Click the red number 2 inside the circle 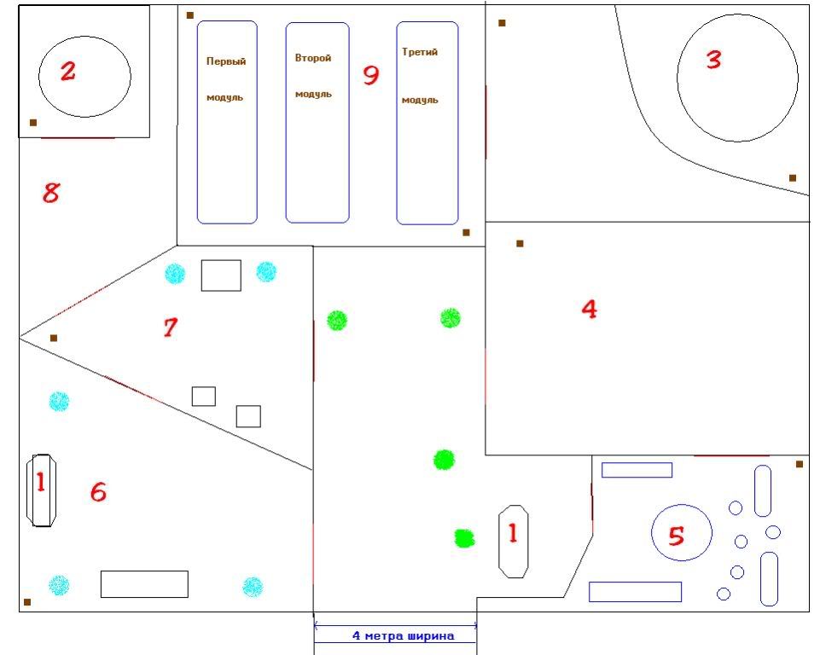click(68, 71)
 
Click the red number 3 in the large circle click(714, 60)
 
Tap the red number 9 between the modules click(371, 75)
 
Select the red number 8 click(50, 193)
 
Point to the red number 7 click(171, 327)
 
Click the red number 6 click(98, 492)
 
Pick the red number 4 click(590, 309)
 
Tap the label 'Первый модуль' click(225, 79)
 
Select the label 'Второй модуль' click(313, 76)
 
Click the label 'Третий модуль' click(420, 76)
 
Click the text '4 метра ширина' click(403, 635)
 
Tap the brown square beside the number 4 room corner click(520, 244)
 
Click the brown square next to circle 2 click(33, 123)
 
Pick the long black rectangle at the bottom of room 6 click(144, 584)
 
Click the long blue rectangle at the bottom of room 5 click(636, 592)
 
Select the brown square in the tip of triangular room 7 click(54, 339)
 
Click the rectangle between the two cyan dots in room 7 click(221, 275)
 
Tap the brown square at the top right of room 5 click(799, 464)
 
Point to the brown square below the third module click(466, 233)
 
